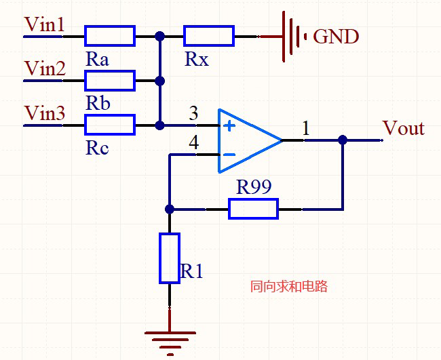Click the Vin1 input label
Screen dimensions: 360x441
click(45, 25)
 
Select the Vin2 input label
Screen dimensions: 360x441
click(45, 69)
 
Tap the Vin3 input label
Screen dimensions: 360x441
click(45, 113)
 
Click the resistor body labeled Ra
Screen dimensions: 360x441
click(110, 35)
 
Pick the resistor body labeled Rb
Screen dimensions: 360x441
click(110, 81)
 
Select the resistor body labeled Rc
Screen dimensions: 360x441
click(110, 125)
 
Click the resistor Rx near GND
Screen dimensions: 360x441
click(209, 35)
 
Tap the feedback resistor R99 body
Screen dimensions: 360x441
click(253, 209)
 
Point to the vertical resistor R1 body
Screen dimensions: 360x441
click(170, 258)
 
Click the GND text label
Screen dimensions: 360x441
click(336, 37)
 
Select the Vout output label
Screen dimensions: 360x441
click(404, 129)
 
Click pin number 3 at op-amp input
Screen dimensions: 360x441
click(194, 114)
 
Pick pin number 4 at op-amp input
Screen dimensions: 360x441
click(194, 144)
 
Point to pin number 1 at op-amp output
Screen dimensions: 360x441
click(306, 128)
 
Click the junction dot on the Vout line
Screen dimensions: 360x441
click(343, 140)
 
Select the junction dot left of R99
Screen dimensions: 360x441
click(170, 209)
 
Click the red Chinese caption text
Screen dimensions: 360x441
click(289, 287)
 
